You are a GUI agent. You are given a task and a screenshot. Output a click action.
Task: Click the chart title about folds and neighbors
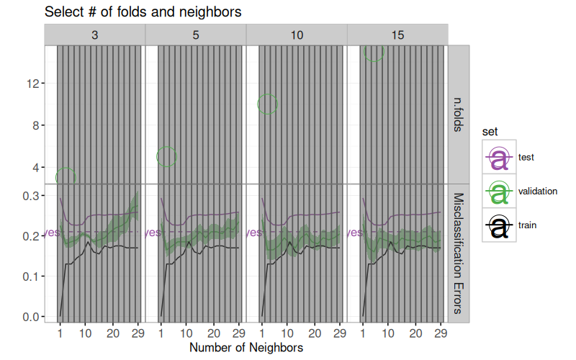point(143,12)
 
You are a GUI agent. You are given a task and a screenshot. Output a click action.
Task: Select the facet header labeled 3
point(95,35)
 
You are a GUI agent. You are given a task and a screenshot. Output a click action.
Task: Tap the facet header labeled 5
point(196,35)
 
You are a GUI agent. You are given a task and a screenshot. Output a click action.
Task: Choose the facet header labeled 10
point(297,35)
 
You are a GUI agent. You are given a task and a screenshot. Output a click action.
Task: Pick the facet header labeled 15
point(397,35)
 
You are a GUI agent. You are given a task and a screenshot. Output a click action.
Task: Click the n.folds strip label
point(459,114)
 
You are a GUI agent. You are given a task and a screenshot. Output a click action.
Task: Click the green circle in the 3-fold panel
point(66,177)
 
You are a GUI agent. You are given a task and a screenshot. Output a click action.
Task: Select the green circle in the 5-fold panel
point(166,156)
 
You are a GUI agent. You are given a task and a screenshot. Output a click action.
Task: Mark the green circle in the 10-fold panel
point(267,104)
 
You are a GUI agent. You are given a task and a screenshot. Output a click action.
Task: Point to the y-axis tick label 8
point(35,125)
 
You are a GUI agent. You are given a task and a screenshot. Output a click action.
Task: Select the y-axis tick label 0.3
point(30,196)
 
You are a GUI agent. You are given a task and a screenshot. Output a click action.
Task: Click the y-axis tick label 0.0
point(30,317)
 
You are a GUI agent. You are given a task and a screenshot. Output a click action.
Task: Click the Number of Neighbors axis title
point(246,348)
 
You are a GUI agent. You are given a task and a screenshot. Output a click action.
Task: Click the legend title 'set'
point(490,131)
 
